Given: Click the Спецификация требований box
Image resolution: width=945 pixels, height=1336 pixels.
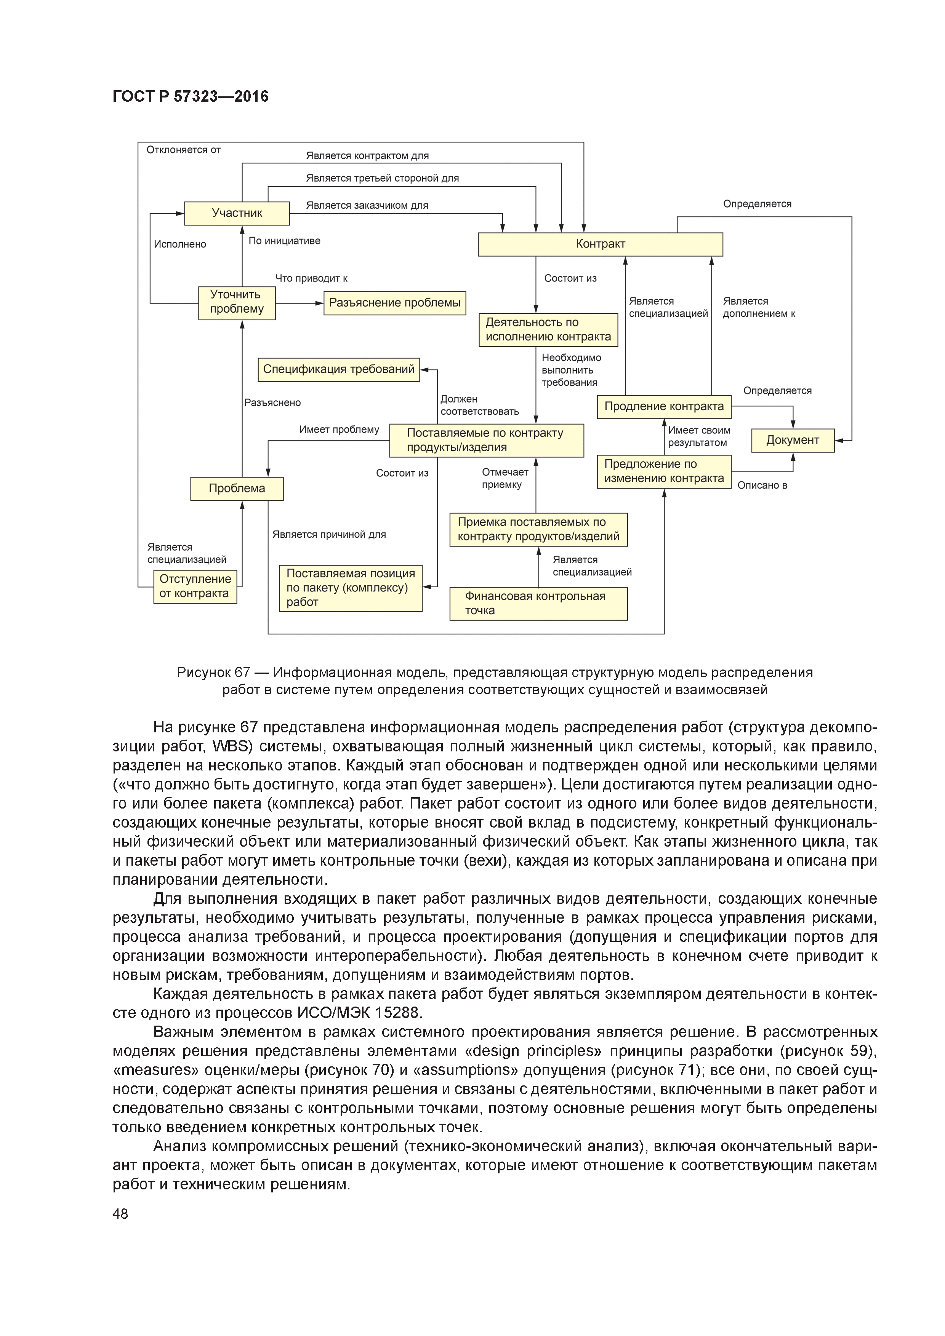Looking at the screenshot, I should point(338,369).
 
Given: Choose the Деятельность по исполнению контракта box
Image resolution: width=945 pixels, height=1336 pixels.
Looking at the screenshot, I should point(548,330).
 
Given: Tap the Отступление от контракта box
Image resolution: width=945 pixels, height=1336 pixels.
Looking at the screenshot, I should point(195,586).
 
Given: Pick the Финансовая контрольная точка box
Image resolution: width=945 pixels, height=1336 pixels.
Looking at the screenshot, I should point(538,603).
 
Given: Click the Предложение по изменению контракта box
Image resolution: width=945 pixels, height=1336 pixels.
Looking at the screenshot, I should point(664,471).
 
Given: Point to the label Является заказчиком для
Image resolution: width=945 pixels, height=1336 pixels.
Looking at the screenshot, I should point(367,205).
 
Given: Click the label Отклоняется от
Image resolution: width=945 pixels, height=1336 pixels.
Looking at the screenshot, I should point(183,150).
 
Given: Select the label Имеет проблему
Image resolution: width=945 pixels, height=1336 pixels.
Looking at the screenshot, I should point(339,430).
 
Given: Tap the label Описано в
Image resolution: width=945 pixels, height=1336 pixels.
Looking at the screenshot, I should point(762,485).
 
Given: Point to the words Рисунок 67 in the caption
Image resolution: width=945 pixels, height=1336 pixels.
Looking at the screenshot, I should point(213,673).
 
